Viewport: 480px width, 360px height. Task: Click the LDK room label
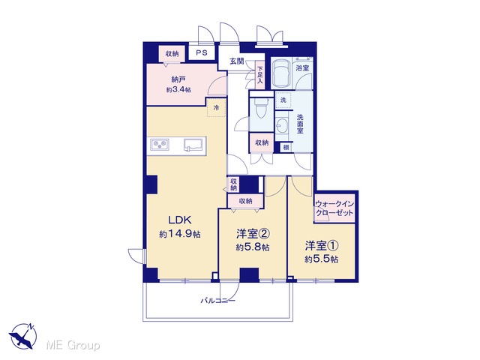(x=180, y=220)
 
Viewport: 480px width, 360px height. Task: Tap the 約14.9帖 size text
(x=180, y=234)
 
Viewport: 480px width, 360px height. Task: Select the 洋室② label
(x=253, y=234)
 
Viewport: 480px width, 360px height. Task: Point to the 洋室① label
(x=322, y=246)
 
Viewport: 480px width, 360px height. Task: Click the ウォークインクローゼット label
(x=334, y=208)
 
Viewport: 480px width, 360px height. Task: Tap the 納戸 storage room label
(x=178, y=80)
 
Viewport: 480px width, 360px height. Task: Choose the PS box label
(x=202, y=52)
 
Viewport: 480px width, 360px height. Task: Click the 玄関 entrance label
(x=237, y=61)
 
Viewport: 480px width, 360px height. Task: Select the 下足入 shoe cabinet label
(x=260, y=75)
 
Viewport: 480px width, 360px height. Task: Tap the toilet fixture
(x=261, y=108)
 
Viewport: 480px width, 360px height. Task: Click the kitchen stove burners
(x=160, y=145)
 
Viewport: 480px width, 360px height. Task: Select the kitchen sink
(x=193, y=145)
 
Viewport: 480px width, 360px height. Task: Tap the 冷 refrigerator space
(x=217, y=107)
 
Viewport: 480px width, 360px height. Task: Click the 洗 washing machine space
(x=283, y=100)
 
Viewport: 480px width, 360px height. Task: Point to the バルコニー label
(x=218, y=301)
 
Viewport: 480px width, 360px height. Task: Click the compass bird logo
(x=22, y=336)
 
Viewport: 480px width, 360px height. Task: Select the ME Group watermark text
(x=73, y=345)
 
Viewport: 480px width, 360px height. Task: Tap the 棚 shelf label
(x=286, y=148)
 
